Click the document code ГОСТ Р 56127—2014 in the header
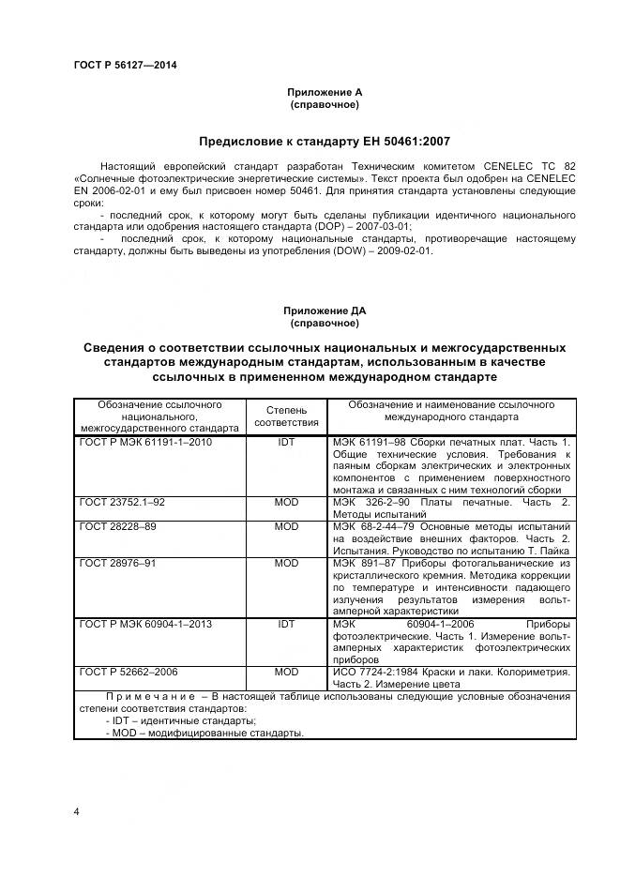point(125,65)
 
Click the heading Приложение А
point(325,92)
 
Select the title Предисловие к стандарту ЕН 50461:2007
point(325,142)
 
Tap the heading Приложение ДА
point(325,310)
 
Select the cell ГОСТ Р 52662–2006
point(129,673)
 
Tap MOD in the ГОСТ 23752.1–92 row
point(286,502)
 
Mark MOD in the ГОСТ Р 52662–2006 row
point(286,673)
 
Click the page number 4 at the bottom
point(77,810)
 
